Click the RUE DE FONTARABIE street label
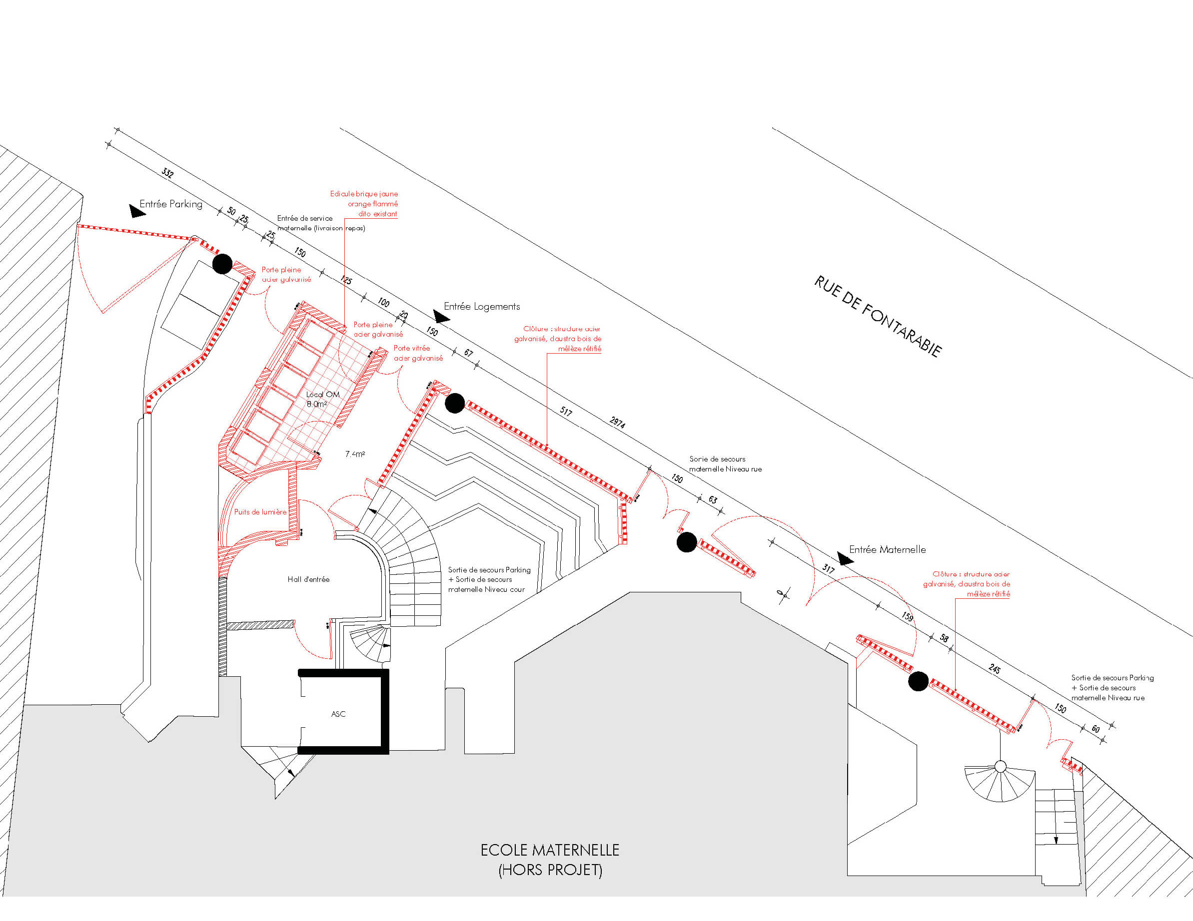(878, 317)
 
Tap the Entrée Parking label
(171, 204)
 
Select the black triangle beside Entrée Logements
(441, 316)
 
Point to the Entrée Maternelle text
(887, 550)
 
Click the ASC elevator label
(338, 714)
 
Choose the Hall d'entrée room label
(309, 579)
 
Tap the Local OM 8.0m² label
(322, 399)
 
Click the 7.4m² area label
(355, 454)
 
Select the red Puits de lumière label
(260, 512)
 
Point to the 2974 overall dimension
(617, 422)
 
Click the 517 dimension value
(566, 412)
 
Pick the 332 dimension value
(168, 173)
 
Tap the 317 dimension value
(828, 569)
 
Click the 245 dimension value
(994, 669)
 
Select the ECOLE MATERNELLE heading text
(550, 850)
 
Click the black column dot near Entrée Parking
(222, 264)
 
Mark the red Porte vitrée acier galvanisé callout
(418, 353)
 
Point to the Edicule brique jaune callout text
(364, 204)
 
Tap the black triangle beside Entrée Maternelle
(846, 559)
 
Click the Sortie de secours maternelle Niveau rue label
(725, 464)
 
